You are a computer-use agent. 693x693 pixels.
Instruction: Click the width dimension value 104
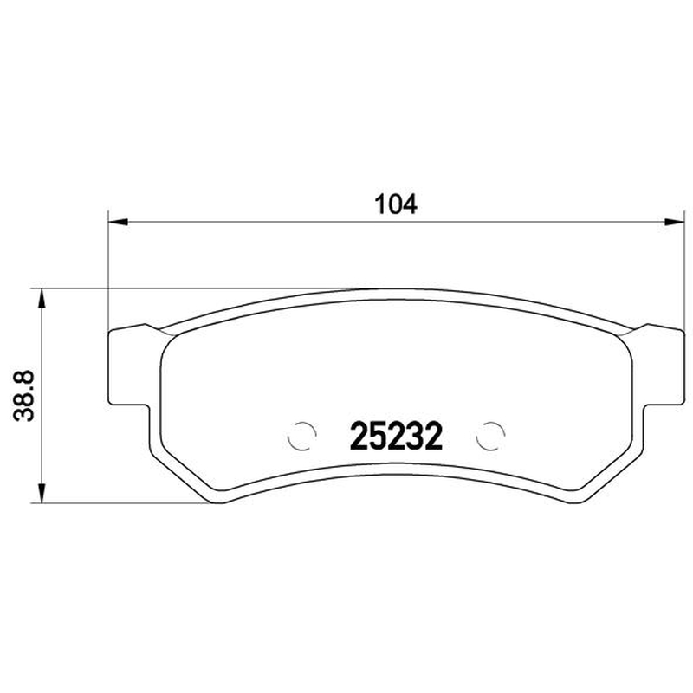click(396, 204)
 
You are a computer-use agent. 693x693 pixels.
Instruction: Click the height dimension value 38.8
click(24, 396)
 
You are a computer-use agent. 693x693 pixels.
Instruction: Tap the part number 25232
click(396, 436)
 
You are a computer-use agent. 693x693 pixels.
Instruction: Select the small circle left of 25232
click(301, 436)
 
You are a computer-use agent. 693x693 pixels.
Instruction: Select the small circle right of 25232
click(490, 436)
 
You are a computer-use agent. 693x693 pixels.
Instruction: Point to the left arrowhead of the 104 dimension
click(118, 222)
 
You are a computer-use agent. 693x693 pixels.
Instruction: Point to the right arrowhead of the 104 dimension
click(674, 222)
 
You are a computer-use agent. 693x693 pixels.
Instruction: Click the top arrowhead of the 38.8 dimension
click(42, 298)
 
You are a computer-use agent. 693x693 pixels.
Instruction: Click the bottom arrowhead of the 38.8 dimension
click(42, 493)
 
